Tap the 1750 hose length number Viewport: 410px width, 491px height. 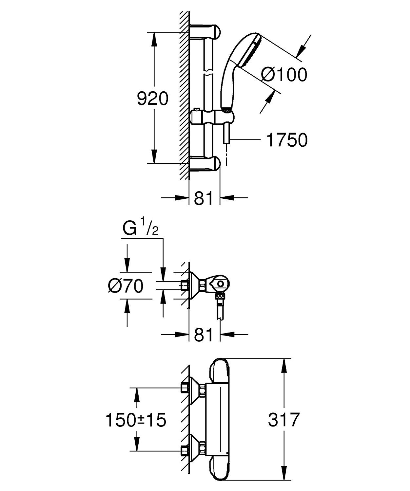point(287,140)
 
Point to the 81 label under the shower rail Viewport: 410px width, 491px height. point(204,198)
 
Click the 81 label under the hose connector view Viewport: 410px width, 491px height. point(204,335)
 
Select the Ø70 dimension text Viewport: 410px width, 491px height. point(126,286)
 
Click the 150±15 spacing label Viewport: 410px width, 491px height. point(135,420)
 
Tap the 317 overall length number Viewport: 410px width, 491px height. point(284,420)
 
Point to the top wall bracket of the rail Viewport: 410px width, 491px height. point(205,31)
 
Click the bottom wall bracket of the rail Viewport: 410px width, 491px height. point(205,164)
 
